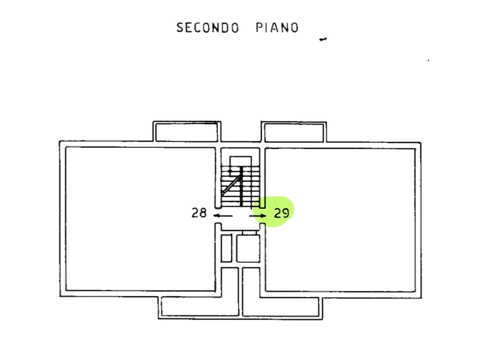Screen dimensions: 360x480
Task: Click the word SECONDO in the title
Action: pyautogui.click(x=207, y=27)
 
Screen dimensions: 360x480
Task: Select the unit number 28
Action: pyautogui.click(x=199, y=213)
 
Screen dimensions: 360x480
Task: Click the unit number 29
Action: pyautogui.click(x=282, y=213)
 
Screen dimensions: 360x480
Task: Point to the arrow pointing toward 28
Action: pyautogui.click(x=219, y=215)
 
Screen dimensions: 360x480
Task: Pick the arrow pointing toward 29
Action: pyautogui.click(x=259, y=216)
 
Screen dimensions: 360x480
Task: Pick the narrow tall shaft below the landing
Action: pyautogui.click(x=226, y=248)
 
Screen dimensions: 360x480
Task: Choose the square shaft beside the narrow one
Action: pyautogui.click(x=247, y=248)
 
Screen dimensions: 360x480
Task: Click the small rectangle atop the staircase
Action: pyautogui.click(x=240, y=162)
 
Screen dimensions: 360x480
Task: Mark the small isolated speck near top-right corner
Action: pyautogui.click(x=428, y=60)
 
